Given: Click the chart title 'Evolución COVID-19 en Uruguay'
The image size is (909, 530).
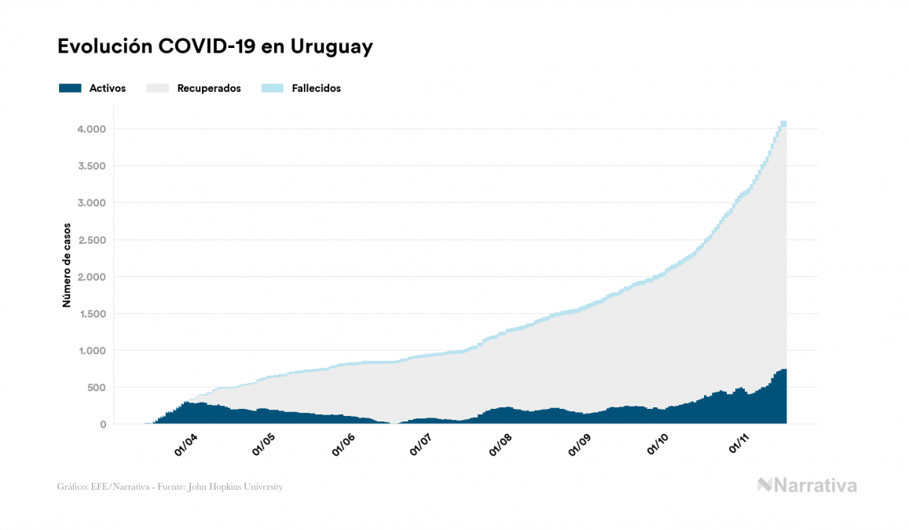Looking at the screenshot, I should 214,47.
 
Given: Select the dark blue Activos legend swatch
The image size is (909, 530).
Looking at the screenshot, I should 70,88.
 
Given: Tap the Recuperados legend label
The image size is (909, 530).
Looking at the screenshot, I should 208,88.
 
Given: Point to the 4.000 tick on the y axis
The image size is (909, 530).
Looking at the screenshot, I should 92,129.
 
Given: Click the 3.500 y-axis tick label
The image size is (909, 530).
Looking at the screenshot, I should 92,166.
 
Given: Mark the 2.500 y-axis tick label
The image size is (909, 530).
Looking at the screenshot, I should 92,240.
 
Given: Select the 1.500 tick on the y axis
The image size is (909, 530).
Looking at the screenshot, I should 92,314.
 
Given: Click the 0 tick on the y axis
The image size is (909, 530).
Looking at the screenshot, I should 103,425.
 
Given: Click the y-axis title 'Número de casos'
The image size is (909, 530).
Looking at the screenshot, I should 68,264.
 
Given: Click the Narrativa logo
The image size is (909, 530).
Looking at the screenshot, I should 807,485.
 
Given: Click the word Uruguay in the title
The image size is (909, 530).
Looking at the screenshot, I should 332,47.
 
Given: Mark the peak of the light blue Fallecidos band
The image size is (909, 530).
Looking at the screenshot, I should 783,123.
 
